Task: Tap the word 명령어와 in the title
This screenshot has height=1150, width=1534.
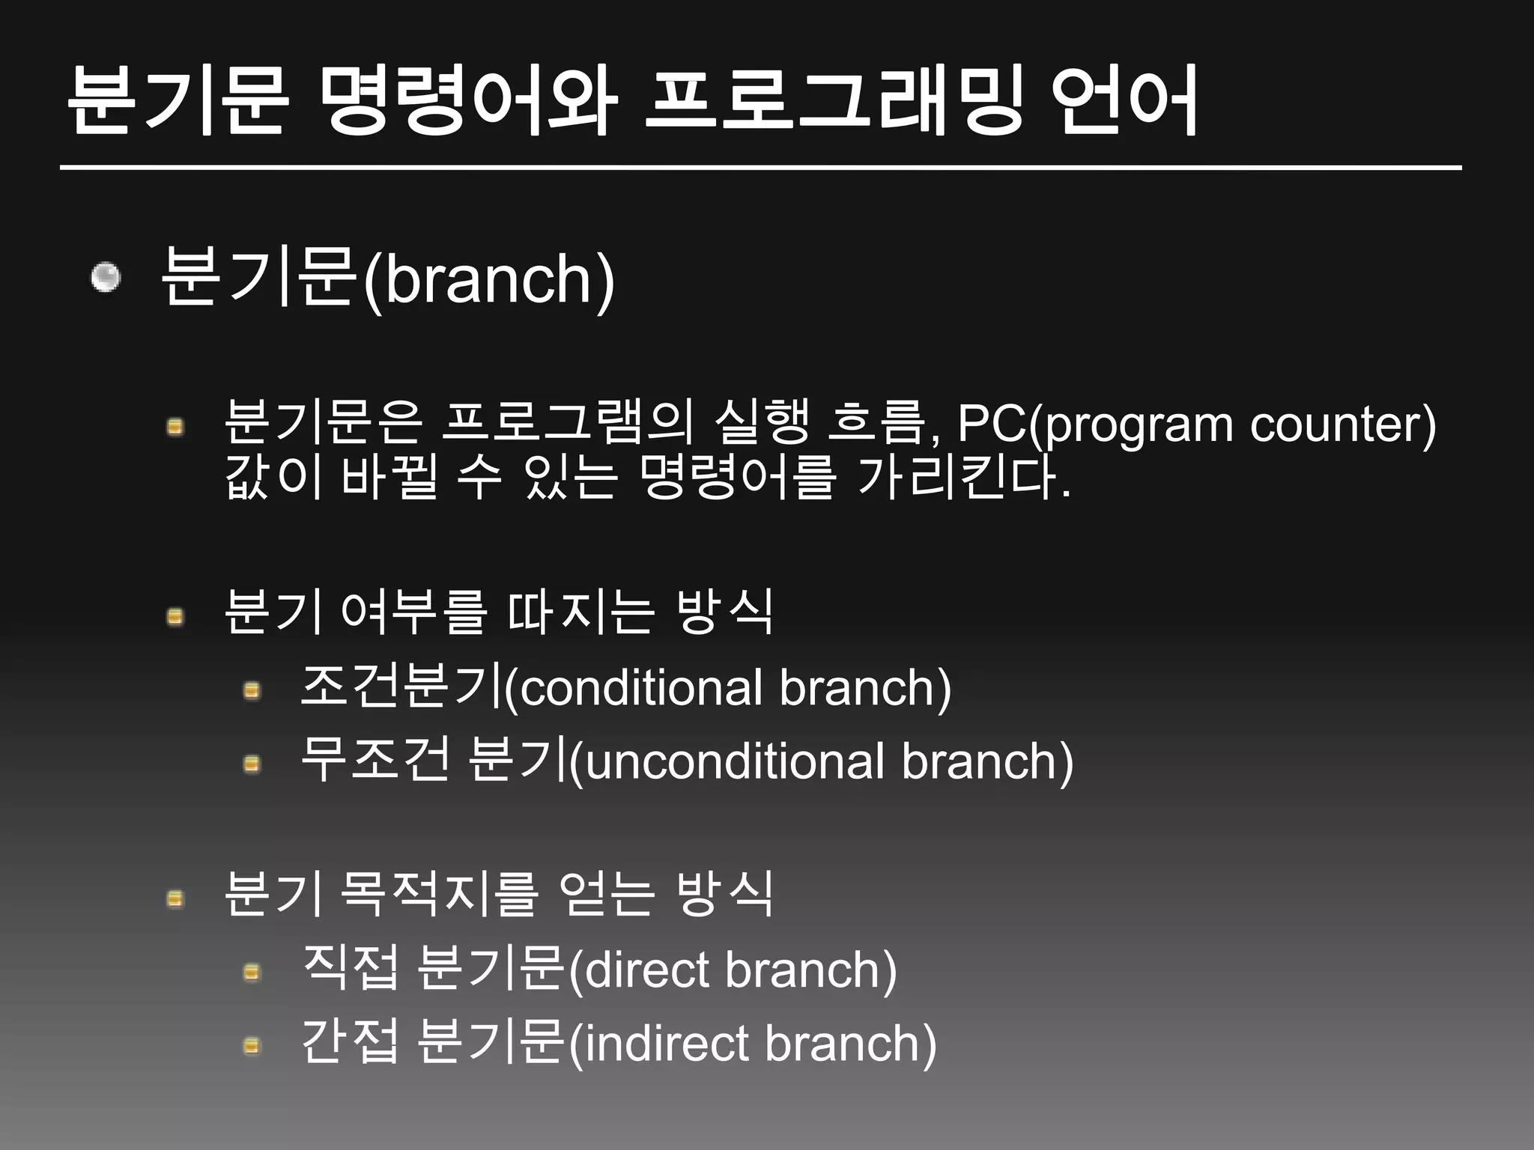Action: point(467,101)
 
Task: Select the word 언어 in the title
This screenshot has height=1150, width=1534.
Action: point(1124,101)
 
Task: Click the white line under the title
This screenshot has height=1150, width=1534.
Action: point(760,168)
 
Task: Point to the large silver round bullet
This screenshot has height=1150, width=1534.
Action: point(106,278)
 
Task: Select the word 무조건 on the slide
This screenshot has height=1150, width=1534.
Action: point(375,761)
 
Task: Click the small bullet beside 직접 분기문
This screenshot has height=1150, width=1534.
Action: point(252,973)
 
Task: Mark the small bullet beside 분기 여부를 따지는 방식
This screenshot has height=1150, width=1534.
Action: point(175,617)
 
